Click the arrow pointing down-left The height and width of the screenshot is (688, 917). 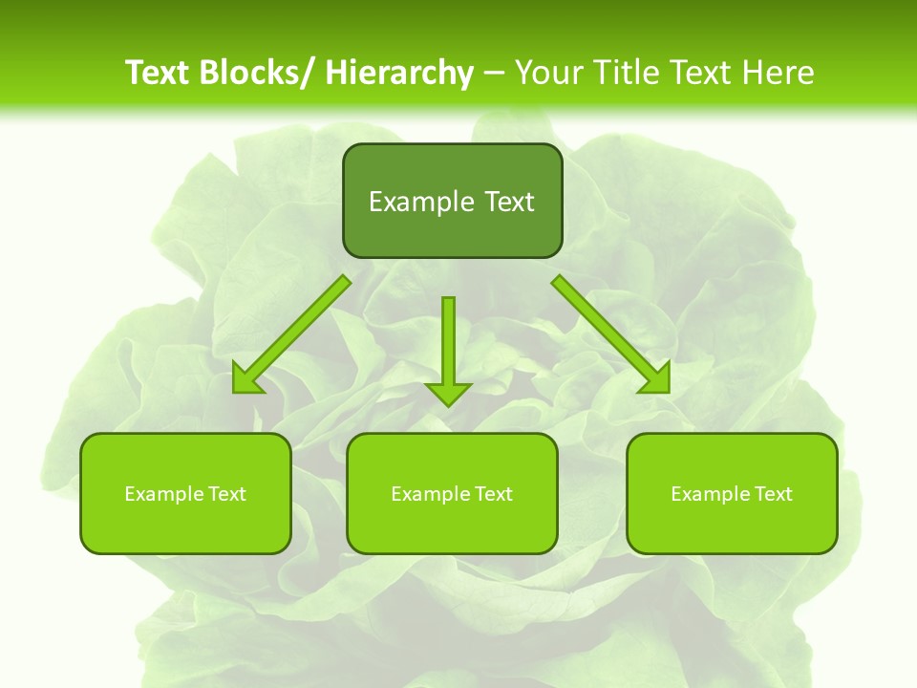296,331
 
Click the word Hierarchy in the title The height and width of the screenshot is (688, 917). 398,73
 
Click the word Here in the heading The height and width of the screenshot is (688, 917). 778,73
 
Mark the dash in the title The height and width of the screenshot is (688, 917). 494,74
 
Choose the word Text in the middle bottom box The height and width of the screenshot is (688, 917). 492,494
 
